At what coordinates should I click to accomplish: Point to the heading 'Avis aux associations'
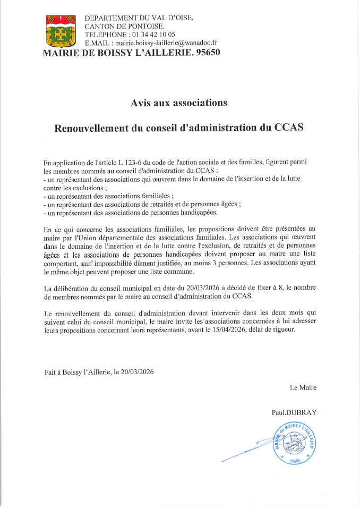point(179,103)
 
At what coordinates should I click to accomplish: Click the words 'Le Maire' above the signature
point(303,387)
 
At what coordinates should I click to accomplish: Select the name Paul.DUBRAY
point(294,412)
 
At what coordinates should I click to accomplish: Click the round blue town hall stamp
point(293,442)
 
